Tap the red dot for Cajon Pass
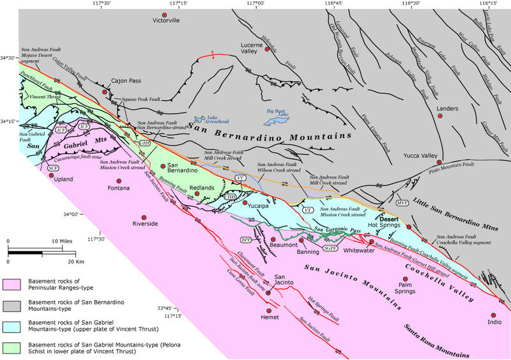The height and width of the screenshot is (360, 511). pyautogui.click(x=105, y=92)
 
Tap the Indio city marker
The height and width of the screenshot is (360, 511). pyautogui.click(x=493, y=315)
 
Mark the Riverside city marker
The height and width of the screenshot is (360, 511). pyautogui.click(x=145, y=214)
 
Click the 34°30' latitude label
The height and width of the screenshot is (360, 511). pyautogui.click(x=8, y=58)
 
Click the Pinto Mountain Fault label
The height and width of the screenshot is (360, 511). pyautogui.click(x=462, y=165)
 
